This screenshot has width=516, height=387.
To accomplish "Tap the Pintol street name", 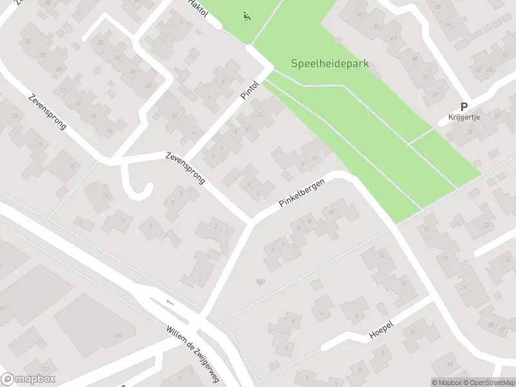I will coord(250,90).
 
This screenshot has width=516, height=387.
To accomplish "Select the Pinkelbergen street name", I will coord(302,193).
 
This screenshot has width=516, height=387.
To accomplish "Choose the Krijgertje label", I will coord(464,117).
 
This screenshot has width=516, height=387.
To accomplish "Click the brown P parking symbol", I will coord(463,106).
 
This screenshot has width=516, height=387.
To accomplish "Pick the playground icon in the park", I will coord(246,16).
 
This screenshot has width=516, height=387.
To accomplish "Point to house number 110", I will coord(117,336).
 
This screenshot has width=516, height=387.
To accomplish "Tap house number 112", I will coord(45,369).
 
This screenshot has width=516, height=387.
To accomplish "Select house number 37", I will coord(435,94).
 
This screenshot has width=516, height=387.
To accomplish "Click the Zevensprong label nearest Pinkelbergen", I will coord(185,168).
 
